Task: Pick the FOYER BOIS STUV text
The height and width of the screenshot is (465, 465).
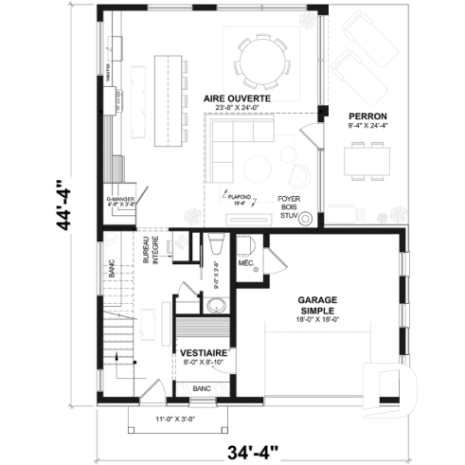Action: point(288,207)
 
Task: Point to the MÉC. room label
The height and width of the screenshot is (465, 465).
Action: point(244,262)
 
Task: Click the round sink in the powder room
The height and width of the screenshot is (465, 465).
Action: point(217,305)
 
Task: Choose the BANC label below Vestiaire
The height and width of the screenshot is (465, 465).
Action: point(201,388)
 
